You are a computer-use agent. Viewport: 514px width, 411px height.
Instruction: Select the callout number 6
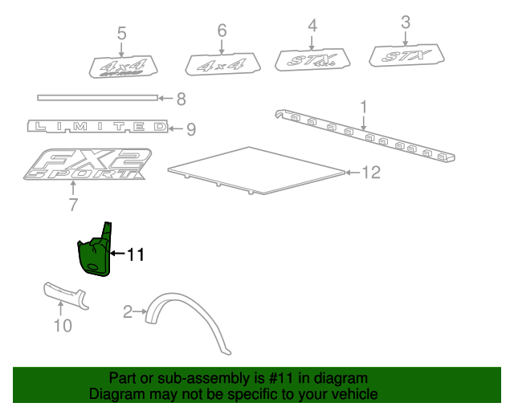(222, 31)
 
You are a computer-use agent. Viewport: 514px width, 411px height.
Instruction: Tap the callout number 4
(312, 25)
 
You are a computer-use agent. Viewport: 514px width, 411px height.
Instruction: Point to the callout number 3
(406, 21)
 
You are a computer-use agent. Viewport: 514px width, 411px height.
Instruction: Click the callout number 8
(181, 100)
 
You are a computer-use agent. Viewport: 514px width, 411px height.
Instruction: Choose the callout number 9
(190, 128)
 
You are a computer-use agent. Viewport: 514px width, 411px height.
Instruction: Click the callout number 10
(62, 325)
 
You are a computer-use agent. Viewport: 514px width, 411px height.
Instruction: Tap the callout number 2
(127, 311)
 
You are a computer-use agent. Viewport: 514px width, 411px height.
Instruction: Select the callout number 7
(73, 205)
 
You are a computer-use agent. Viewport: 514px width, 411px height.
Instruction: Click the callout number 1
(363, 106)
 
